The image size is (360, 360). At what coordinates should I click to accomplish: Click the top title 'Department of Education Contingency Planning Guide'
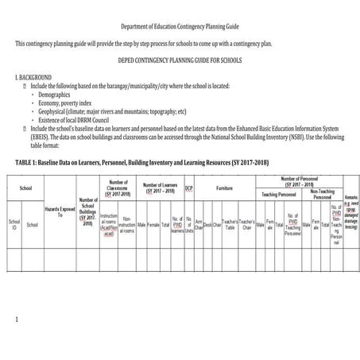(x=180, y=25)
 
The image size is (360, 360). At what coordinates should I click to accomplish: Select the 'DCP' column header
(x=188, y=188)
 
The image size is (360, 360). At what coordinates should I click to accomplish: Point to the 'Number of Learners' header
(x=159, y=188)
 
